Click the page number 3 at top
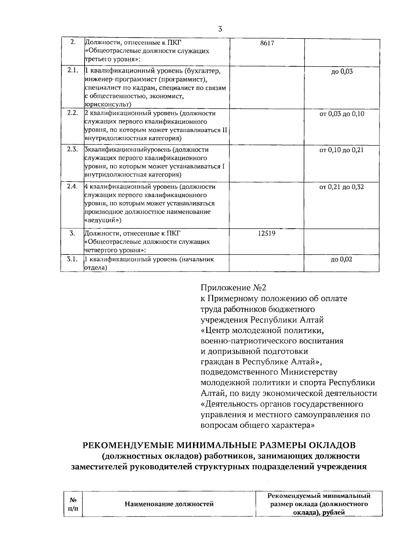tap(220, 29)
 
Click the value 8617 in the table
tap(267, 43)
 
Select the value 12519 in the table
tap(267, 233)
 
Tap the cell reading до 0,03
tap(342, 72)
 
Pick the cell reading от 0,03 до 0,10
tap(342, 114)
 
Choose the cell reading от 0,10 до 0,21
tap(342, 150)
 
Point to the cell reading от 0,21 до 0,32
tap(342, 187)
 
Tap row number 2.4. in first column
tap(72, 186)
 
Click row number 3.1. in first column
tap(72, 259)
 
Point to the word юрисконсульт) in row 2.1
tap(108, 104)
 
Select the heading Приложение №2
tap(233, 288)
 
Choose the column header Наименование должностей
tap(169, 504)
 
